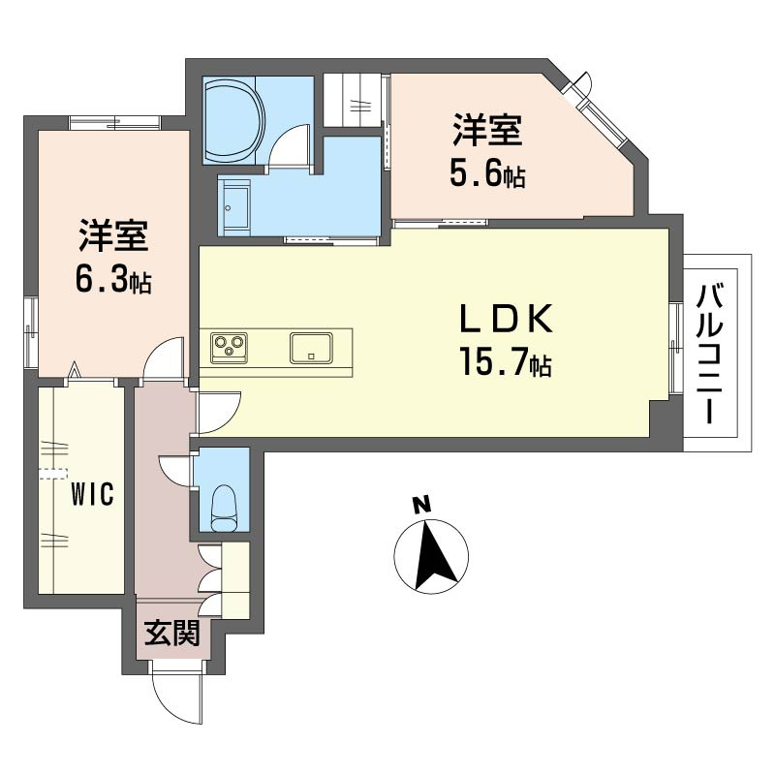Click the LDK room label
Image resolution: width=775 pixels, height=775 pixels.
coord(506,319)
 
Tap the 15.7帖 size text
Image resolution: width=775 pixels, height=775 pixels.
coord(505,362)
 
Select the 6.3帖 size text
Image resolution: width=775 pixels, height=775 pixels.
coord(113,279)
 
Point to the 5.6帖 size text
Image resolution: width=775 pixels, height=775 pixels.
coord(487,174)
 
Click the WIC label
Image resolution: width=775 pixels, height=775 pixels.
coord(92,493)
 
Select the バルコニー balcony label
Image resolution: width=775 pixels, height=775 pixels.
coord(710,355)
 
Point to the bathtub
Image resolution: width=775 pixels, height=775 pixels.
coord(234,119)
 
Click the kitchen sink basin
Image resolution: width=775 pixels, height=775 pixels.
coord(311,349)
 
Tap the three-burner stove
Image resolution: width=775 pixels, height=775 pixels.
coord(229,348)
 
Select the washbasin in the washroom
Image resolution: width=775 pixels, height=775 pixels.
coord(235,207)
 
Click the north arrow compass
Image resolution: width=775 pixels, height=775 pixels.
coord(431,556)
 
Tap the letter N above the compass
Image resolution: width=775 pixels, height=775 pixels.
coord(421,505)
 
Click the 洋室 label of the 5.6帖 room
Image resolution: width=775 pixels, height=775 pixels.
coord(487,130)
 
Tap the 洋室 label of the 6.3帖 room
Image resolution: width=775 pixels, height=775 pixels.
coord(113,234)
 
